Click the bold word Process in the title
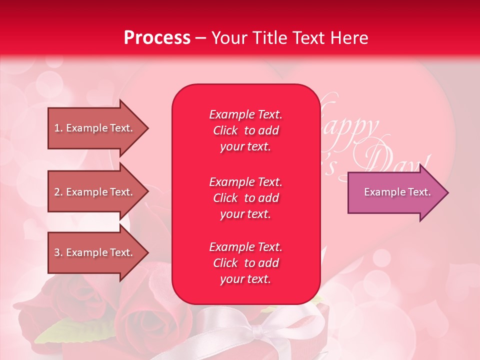pyautogui.click(x=157, y=38)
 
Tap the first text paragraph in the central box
pyautogui.click(x=245, y=130)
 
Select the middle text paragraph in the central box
pyautogui.click(x=245, y=198)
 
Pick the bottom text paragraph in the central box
pyautogui.click(x=245, y=263)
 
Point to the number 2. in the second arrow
pyautogui.click(x=58, y=192)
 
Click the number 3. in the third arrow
pyautogui.click(x=58, y=252)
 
